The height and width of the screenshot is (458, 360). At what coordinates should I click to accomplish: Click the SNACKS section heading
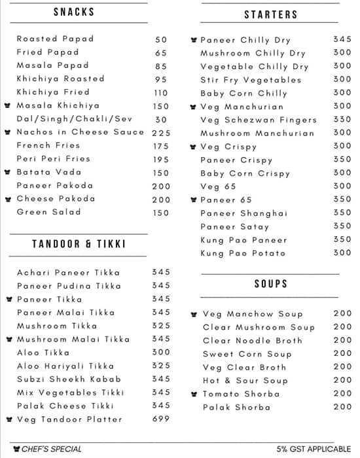click(x=74, y=12)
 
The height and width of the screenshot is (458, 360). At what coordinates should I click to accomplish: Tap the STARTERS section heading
click(x=271, y=14)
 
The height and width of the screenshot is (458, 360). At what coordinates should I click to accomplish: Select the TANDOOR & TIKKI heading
click(x=79, y=244)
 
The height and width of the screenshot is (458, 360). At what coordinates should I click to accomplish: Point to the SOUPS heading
click(x=271, y=284)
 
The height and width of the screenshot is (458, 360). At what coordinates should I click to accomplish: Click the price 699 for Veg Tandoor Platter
click(x=161, y=419)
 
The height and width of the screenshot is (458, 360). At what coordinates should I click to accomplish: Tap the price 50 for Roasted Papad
click(x=161, y=39)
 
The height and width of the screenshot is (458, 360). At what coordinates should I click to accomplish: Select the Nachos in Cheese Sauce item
click(x=80, y=132)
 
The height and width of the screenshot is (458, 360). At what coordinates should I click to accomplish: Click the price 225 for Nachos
click(x=161, y=132)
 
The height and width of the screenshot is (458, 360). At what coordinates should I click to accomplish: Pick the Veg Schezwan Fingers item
click(x=259, y=120)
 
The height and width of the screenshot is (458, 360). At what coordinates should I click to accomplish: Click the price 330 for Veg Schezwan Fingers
click(x=342, y=120)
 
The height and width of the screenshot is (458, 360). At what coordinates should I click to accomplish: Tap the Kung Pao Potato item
click(x=243, y=253)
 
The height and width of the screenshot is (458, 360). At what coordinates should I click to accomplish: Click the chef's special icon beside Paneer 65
click(x=193, y=200)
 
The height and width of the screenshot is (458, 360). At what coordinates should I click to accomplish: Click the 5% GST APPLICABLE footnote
click(x=314, y=449)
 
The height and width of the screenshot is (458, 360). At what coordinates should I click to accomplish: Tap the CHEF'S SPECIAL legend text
click(x=52, y=449)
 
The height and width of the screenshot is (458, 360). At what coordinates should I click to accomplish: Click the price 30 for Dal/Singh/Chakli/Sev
click(x=161, y=119)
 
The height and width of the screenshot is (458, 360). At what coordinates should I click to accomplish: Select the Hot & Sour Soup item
click(x=245, y=381)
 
